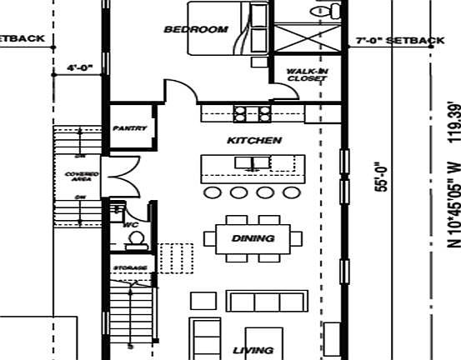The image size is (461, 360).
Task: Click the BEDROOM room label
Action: click(195, 30)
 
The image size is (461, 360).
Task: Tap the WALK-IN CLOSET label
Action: click(307, 75)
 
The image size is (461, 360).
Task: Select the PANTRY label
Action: click(129, 128)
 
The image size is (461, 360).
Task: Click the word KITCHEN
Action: click(254, 141)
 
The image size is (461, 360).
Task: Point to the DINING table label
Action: click(253, 238)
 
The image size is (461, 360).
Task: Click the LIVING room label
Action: click(253, 351)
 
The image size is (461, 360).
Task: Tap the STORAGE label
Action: click(130, 267)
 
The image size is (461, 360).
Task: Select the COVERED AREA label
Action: click(82, 176)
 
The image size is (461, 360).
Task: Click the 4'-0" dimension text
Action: click(80, 67)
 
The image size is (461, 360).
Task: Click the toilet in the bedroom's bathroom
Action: click(326, 10)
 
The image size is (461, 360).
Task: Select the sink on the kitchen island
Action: click(249, 163)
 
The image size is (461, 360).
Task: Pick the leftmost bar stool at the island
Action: click(213, 193)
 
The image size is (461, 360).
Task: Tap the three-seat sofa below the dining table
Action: click(264, 300)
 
